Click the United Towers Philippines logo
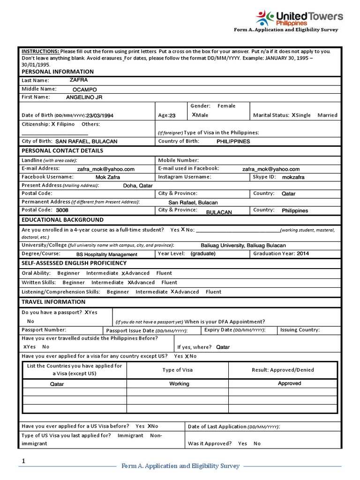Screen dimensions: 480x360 tap(299, 18)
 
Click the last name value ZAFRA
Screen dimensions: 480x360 tap(79, 80)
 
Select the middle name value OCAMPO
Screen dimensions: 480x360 tap(85, 89)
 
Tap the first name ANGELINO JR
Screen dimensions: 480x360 tap(84, 97)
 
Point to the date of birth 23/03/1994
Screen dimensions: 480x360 tap(100, 115)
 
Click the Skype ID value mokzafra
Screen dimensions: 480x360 tap(293, 178)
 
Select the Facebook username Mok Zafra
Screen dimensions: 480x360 tap(108, 178)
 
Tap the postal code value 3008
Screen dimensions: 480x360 tap(62, 210)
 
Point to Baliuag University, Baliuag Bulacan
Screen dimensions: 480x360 tap(243, 246)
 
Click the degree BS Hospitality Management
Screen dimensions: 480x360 tap(107, 255)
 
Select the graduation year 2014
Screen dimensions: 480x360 tap(303, 254)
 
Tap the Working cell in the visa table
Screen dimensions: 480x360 tap(179, 384)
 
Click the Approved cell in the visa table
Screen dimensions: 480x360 tap(289, 383)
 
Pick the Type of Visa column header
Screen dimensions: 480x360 tap(177, 370)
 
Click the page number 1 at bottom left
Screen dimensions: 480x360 tap(23, 462)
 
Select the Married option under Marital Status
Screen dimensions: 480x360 tap(327, 115)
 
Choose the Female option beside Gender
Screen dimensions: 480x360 tap(226, 106)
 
